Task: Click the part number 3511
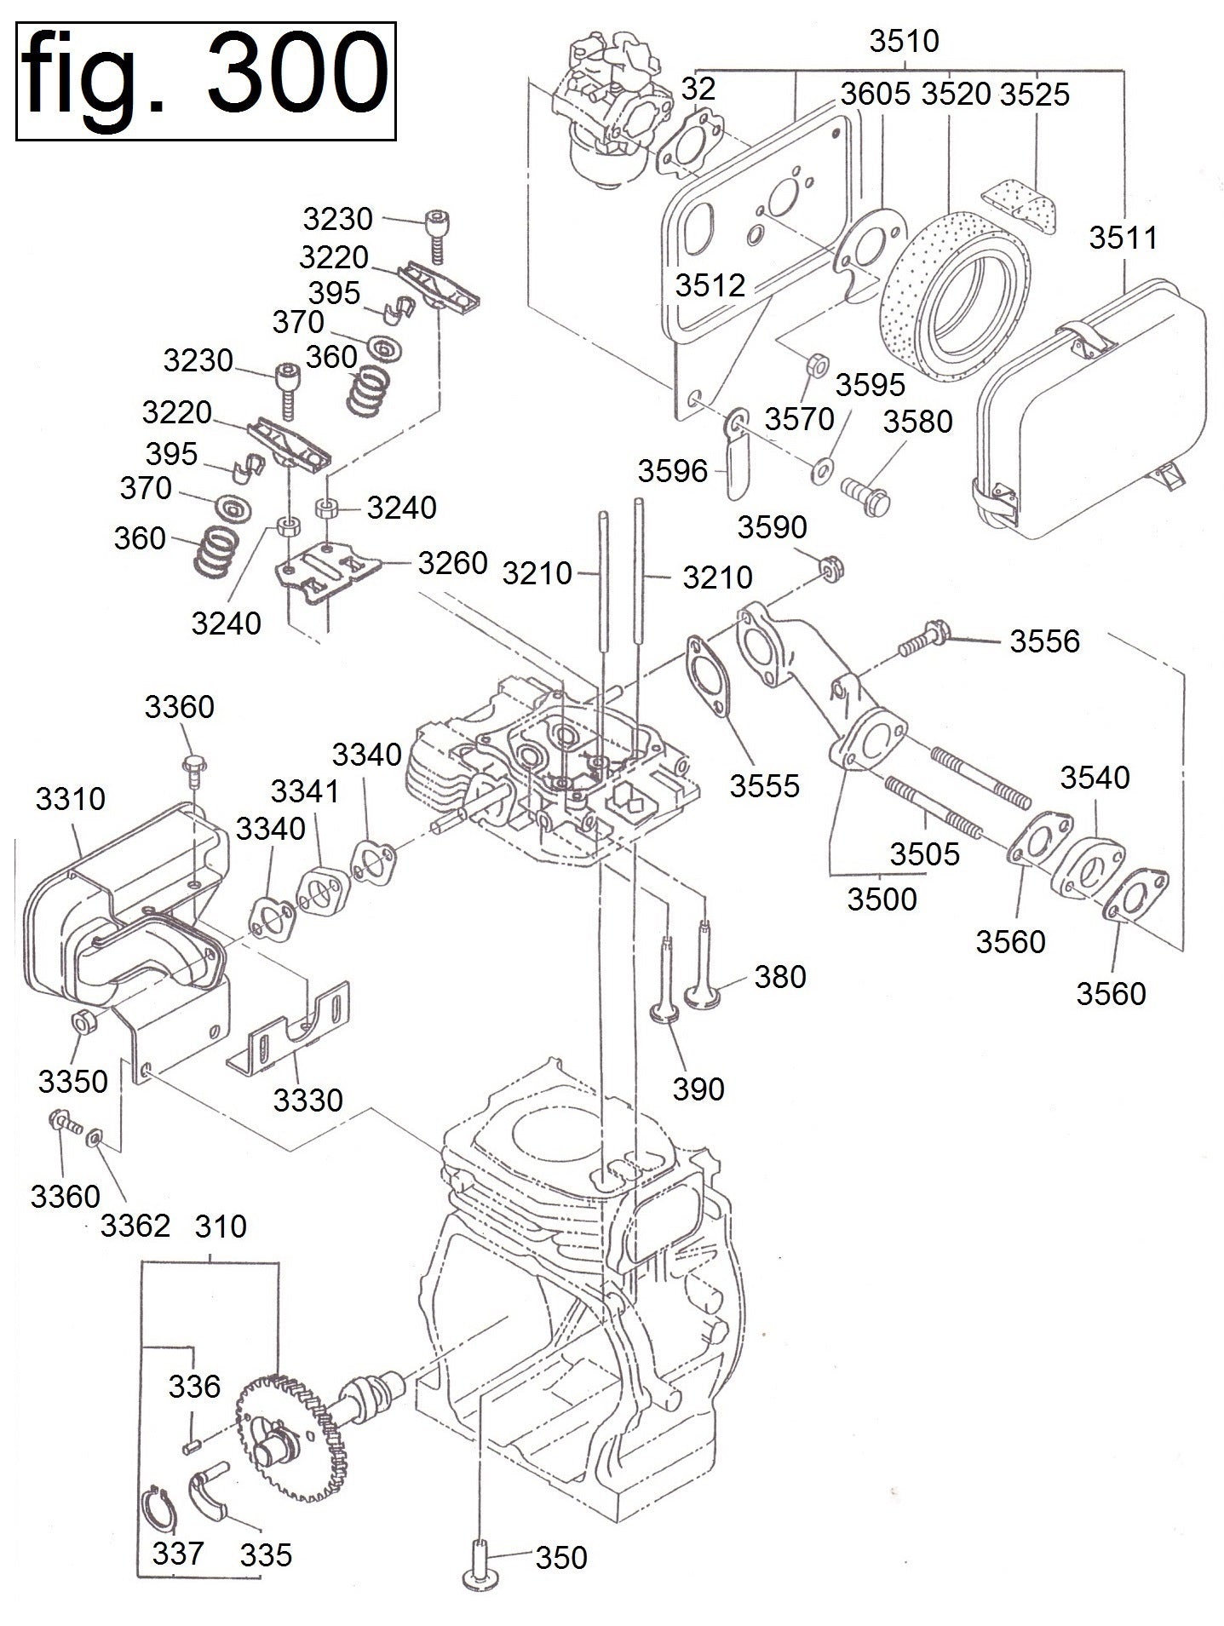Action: click(x=1124, y=238)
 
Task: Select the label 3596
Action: click(x=673, y=470)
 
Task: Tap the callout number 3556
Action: click(x=1044, y=641)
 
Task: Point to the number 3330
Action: click(x=307, y=1100)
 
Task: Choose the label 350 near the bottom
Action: click(x=561, y=1557)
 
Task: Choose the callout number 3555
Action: click(x=764, y=785)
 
